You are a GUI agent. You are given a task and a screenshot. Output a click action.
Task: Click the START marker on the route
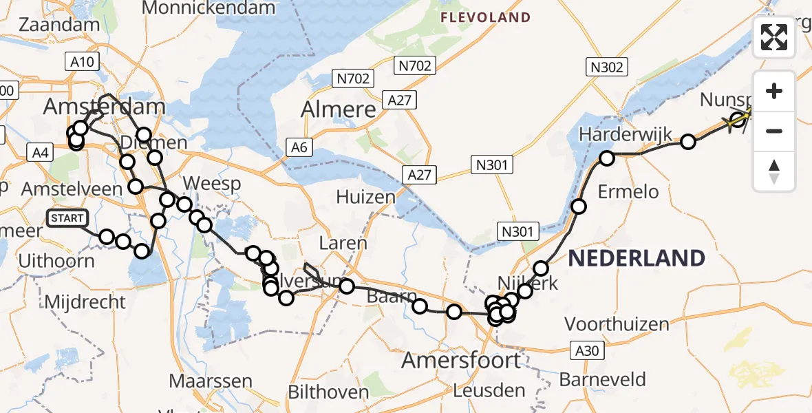[67, 218]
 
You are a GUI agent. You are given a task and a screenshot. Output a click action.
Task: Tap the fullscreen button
[774, 37]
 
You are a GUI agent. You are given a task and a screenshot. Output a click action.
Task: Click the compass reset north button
[774, 172]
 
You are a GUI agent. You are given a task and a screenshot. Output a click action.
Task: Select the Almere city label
[339, 109]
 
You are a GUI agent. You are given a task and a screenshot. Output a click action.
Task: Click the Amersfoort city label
[461, 359]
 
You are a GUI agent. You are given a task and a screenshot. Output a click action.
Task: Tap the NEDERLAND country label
[637, 259]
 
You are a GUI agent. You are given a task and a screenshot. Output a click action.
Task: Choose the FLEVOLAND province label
[485, 17]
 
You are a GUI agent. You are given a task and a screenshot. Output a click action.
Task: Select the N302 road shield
[606, 67]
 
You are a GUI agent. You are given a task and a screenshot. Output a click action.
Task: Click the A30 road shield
[587, 351]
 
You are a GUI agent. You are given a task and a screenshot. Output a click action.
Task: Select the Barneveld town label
[602, 379]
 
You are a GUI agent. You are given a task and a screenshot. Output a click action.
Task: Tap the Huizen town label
[366, 198]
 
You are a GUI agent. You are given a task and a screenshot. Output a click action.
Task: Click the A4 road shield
[39, 153]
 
